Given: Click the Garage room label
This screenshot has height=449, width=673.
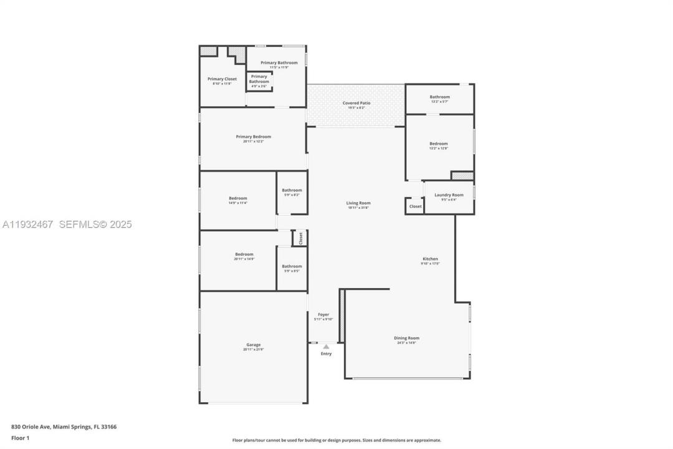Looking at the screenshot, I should [x=253, y=345].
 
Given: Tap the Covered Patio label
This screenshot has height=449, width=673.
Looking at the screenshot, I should [x=356, y=103].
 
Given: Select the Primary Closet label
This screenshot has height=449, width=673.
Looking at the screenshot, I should [x=222, y=79].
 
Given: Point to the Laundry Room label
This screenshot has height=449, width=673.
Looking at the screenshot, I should [x=449, y=195].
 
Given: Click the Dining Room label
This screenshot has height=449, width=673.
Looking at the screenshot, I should [x=406, y=338].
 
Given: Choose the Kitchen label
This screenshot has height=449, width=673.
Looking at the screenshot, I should [x=430, y=259].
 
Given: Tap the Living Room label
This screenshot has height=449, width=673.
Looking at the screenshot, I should [x=358, y=203].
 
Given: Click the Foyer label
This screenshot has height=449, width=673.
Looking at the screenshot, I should [x=323, y=314].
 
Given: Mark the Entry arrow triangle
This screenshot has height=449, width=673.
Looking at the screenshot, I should [x=326, y=347].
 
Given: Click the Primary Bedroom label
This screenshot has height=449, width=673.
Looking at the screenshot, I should [x=253, y=137].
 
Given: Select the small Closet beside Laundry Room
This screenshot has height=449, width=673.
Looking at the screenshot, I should [x=415, y=206].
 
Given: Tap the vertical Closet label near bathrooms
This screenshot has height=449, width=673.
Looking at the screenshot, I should [x=300, y=238].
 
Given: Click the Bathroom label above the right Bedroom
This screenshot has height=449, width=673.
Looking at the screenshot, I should [x=439, y=97].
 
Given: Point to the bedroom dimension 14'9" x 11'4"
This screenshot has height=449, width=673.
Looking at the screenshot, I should [x=238, y=203].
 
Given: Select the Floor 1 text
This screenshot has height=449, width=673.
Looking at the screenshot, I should [x=20, y=438].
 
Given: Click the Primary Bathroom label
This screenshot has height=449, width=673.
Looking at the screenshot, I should [x=279, y=62].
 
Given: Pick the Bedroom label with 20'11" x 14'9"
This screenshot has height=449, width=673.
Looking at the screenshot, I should [x=244, y=254].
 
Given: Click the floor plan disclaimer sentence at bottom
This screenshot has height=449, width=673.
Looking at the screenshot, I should [x=336, y=440].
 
